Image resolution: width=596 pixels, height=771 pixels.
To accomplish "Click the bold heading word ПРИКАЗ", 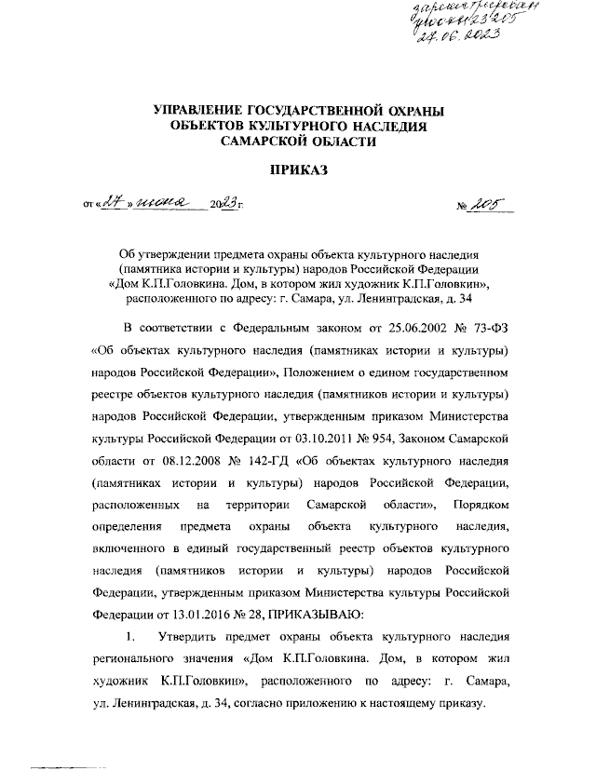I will [x=299, y=169].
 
